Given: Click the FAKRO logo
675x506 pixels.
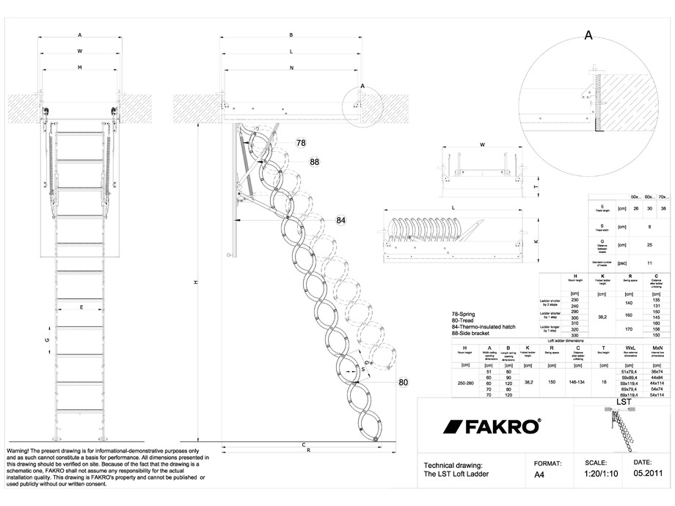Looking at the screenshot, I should click(x=491, y=427).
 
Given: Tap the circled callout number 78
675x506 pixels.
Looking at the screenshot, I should click(x=301, y=143).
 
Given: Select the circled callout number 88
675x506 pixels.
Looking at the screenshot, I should click(x=315, y=161).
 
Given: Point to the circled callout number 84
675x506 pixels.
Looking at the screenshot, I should click(x=341, y=220).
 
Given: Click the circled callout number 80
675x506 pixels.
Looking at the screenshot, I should click(x=403, y=382).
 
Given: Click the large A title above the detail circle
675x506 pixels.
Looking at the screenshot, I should click(x=588, y=34).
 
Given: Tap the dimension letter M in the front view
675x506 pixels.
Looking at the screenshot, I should click(x=79, y=67).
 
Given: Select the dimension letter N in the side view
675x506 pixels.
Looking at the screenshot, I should click(x=291, y=67).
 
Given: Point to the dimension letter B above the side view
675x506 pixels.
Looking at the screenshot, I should click(x=291, y=34).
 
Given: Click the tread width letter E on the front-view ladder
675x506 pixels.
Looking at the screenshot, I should click(x=81, y=307).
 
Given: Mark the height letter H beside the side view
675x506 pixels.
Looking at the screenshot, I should click(x=195, y=283).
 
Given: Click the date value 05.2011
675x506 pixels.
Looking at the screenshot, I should click(x=648, y=474).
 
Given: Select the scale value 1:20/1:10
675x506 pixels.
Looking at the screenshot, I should click(x=599, y=474).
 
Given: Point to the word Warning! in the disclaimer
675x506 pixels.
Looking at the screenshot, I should click(x=22, y=449).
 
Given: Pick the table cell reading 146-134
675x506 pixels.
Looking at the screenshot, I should click(x=577, y=382).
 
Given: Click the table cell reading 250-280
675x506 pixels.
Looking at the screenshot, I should click(x=464, y=382).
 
